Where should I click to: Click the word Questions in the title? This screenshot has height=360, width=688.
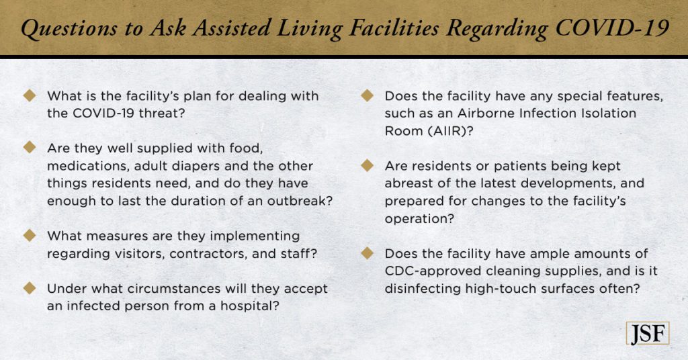tap(69, 29)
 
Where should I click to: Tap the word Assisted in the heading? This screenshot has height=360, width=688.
tap(232, 28)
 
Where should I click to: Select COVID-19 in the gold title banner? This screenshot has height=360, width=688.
tap(611, 28)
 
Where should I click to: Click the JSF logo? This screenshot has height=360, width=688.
tap(647, 333)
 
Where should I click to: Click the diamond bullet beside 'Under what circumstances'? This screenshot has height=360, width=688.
tap(30, 288)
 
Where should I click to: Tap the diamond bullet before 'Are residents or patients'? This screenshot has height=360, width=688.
tap(367, 166)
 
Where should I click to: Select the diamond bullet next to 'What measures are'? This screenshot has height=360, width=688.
tap(30, 236)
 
